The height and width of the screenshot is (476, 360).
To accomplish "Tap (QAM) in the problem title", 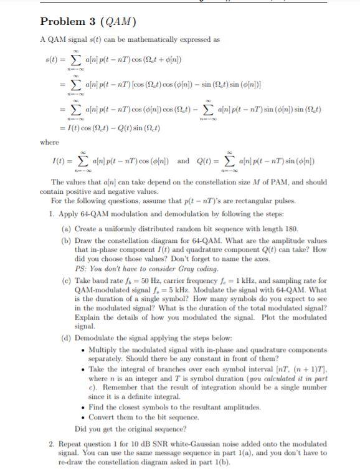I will click(x=118, y=22).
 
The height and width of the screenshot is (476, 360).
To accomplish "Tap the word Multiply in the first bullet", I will click(x=105, y=351).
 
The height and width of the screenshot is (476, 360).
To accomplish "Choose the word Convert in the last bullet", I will click(x=105, y=417).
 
